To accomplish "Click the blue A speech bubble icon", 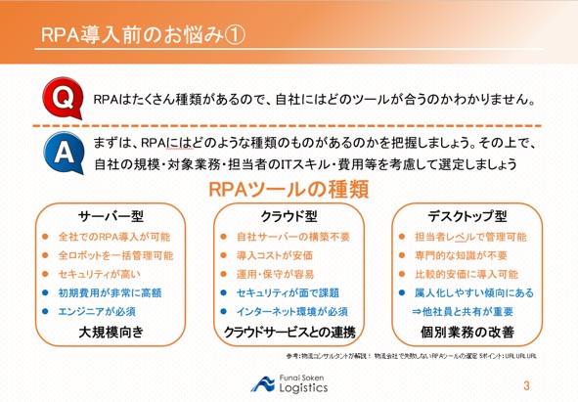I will click(x=58, y=152).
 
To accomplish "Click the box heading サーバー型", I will click(x=111, y=215).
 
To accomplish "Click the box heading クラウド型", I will click(x=289, y=215).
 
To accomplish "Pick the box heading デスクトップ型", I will click(x=467, y=215).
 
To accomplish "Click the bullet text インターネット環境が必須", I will click(x=290, y=310).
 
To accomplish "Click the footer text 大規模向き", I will click(x=111, y=333).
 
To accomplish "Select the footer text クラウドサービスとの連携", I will click(x=289, y=333).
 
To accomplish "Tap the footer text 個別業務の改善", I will click(x=467, y=333).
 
